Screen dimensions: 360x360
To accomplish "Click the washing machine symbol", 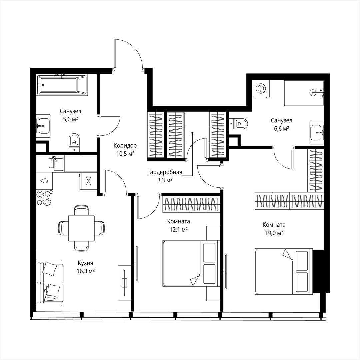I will pyautogui.click(x=260, y=89).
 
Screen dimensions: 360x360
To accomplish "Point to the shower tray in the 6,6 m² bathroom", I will pyautogui.click(x=303, y=93).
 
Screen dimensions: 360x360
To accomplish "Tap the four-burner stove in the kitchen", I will pyautogui.click(x=44, y=198).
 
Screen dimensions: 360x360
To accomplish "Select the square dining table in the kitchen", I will pyautogui.click(x=81, y=228).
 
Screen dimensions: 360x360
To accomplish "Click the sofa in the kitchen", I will pyautogui.click(x=49, y=283).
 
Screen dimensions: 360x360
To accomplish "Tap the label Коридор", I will pyautogui.click(x=125, y=146).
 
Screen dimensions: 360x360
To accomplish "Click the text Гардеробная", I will pyautogui.click(x=165, y=172).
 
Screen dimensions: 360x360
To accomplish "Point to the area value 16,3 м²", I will pyautogui.click(x=86, y=271).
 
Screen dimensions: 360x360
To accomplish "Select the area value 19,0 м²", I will pyautogui.click(x=274, y=233).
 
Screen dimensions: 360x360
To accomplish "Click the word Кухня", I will pyautogui.click(x=86, y=263).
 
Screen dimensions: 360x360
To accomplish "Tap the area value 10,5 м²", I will pyautogui.click(x=125, y=154).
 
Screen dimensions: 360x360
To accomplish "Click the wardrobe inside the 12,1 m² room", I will pyautogui.click(x=192, y=204).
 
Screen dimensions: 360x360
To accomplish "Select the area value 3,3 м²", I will pyautogui.click(x=165, y=180).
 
